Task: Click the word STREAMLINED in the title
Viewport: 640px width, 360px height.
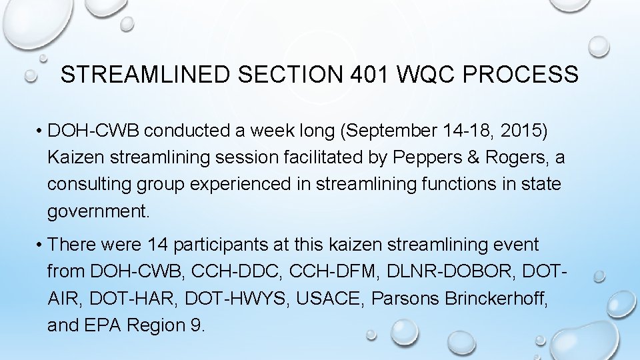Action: [x=143, y=74]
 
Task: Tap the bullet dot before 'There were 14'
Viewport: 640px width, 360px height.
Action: [x=41, y=245]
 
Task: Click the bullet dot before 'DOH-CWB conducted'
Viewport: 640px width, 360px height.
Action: [x=41, y=131]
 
